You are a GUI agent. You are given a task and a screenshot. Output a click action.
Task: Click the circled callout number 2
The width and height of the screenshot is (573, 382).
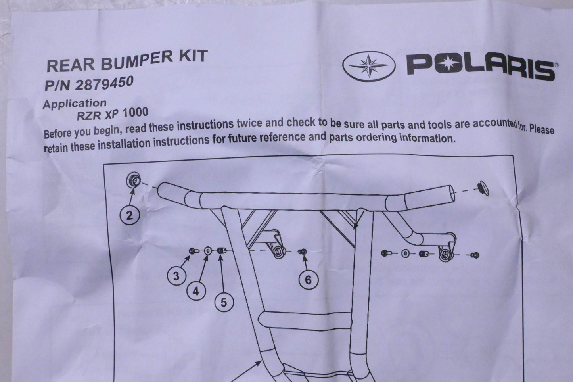click(x=130, y=215)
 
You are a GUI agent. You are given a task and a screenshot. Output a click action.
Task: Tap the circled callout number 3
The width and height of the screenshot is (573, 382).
click(x=176, y=276)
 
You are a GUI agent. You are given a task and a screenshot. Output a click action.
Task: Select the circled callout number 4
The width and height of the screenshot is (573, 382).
click(x=196, y=291)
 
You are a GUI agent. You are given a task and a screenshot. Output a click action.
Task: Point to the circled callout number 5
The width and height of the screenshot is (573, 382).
click(x=224, y=302)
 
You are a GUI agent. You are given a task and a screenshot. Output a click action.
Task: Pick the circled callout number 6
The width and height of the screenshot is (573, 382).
click(x=309, y=280)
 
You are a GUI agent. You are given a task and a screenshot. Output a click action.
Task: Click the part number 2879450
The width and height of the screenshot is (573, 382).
click(x=104, y=83)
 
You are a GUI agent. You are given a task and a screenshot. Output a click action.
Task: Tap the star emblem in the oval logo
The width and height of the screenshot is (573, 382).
click(x=369, y=66)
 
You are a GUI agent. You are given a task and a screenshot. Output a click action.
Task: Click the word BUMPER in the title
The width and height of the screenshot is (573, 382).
click(x=137, y=60)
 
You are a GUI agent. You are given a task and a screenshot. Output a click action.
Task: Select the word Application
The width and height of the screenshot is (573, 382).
click(x=75, y=104)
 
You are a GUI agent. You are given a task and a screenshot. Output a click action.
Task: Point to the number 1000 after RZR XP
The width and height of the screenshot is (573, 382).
click(x=135, y=113)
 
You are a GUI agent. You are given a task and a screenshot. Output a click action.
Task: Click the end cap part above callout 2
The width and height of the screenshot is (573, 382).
click(x=134, y=180)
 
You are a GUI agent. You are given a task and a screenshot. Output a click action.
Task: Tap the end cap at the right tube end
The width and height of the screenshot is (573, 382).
click(x=483, y=188)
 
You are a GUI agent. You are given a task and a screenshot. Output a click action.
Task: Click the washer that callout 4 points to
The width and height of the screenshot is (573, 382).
click(x=208, y=251)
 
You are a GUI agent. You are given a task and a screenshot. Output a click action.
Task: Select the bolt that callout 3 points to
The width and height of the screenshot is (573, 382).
click(x=193, y=251)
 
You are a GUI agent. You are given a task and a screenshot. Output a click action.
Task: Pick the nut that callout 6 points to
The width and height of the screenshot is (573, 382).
click(x=302, y=252)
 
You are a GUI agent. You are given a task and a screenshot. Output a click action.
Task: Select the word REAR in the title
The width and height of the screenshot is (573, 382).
click(x=71, y=65)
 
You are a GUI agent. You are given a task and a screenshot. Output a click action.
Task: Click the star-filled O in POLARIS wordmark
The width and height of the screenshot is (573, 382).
click(x=448, y=64)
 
